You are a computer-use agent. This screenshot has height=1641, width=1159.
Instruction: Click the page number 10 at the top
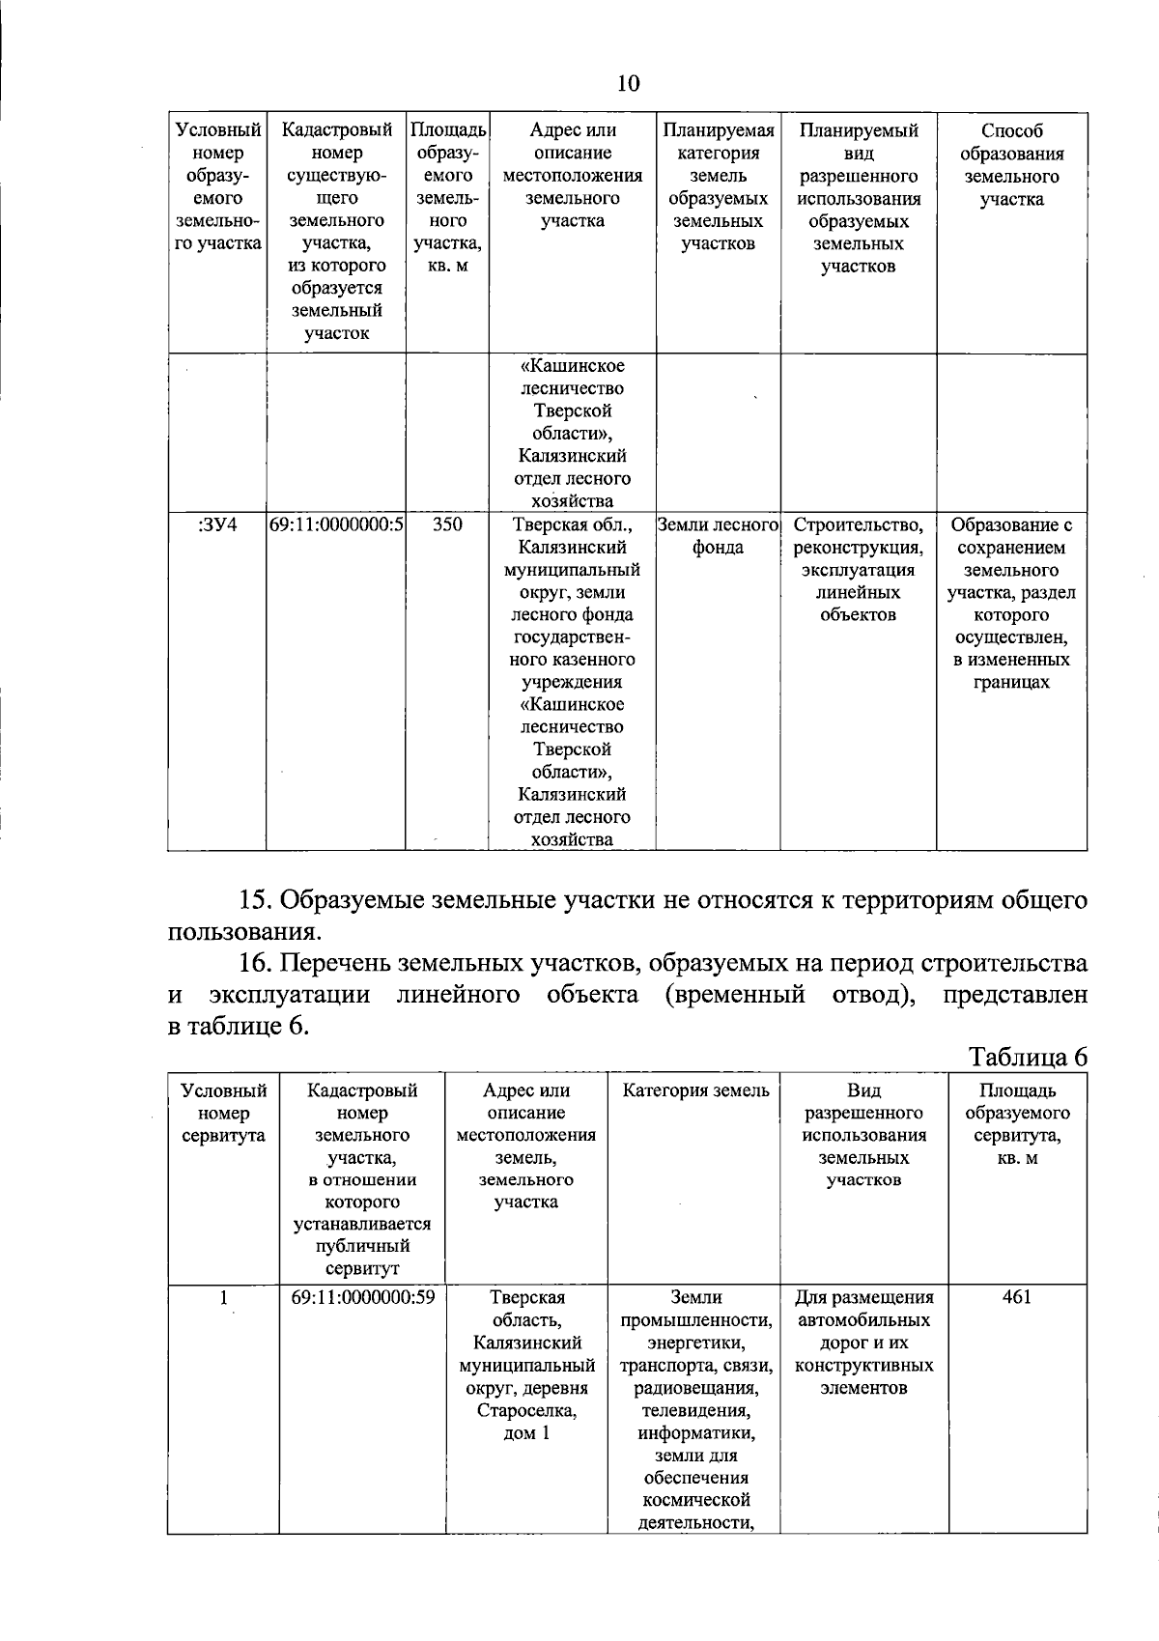pyautogui.click(x=628, y=83)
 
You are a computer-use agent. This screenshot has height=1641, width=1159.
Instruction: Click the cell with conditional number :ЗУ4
pyautogui.click(x=217, y=525)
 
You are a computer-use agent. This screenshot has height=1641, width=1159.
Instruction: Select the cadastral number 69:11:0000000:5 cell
pyautogui.click(x=336, y=525)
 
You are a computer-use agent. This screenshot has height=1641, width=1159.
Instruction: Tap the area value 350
pyautogui.click(x=447, y=525)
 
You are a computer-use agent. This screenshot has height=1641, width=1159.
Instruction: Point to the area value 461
pyautogui.click(x=1017, y=1296)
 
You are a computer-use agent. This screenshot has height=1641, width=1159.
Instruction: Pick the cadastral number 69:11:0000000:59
pyautogui.click(x=362, y=1296)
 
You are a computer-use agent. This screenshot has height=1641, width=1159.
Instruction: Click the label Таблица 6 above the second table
pyautogui.click(x=1028, y=1057)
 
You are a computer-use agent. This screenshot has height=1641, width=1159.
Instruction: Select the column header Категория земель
pyautogui.click(x=695, y=1091)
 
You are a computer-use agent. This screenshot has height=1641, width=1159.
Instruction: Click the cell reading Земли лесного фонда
pyautogui.click(x=718, y=537)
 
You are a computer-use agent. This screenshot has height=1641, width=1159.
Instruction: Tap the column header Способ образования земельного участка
pyautogui.click(x=1011, y=165)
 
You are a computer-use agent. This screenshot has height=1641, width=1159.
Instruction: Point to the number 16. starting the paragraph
pyautogui.click(x=258, y=963)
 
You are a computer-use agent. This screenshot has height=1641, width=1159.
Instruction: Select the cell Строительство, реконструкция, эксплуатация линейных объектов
pyautogui.click(x=858, y=570)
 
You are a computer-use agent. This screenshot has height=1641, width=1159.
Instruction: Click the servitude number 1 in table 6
pyautogui.click(x=223, y=1297)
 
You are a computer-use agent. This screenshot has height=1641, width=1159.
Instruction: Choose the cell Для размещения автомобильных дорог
pyautogui.click(x=864, y=1343)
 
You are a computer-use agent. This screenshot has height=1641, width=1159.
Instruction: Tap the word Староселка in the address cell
pyautogui.click(x=526, y=1410)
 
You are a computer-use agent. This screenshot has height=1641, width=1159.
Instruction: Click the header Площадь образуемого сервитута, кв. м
pyautogui.click(x=1017, y=1124)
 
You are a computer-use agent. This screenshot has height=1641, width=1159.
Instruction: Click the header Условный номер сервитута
pyautogui.click(x=223, y=1114)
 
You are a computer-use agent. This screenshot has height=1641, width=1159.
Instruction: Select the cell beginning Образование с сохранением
pyautogui.click(x=1011, y=604)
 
